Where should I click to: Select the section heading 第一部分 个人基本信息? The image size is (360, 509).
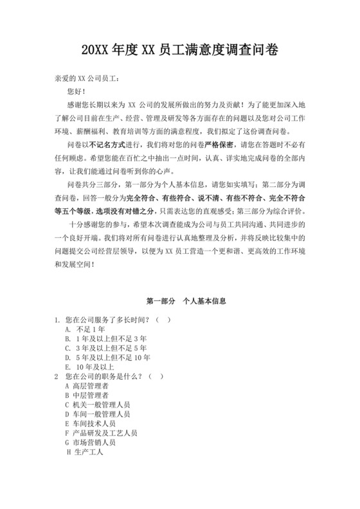(x=179, y=301)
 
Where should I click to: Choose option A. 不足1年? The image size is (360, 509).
(x=85, y=329)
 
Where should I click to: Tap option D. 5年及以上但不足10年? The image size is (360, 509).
(x=108, y=357)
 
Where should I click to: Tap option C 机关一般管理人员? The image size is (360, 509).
(x=98, y=405)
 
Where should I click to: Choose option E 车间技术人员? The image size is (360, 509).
(x=90, y=424)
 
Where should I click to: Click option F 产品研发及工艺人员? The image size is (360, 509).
(x=101, y=433)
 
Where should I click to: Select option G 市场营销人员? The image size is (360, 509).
(x=90, y=443)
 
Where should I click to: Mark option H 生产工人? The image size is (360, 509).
(x=85, y=452)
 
